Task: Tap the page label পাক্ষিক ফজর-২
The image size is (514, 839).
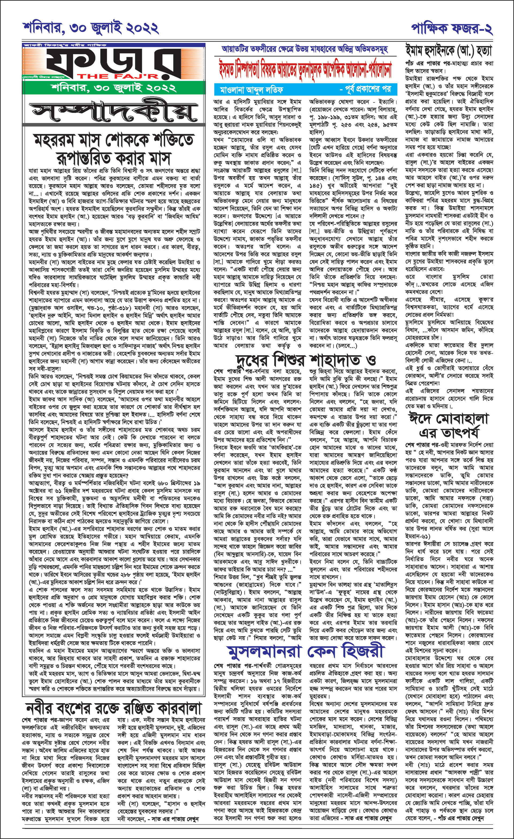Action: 452,29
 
